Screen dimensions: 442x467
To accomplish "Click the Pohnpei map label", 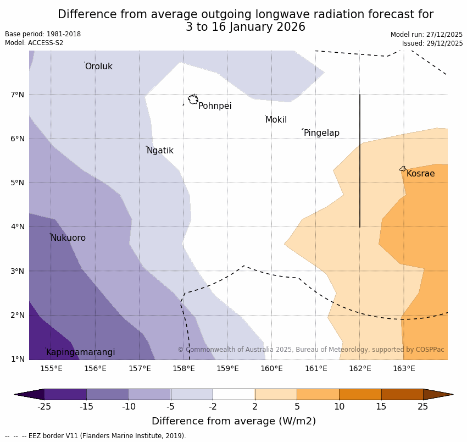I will coord(215,106).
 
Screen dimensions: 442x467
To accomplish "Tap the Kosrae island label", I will coord(420,174).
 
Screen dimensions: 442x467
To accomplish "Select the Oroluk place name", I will coord(98,67).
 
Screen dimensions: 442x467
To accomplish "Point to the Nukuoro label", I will coord(68,238).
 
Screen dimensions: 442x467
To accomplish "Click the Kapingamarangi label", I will coord(81,352).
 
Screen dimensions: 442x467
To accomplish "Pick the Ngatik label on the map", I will coord(160,151).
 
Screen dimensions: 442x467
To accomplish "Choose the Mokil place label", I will coord(276,120).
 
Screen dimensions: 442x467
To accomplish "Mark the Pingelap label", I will coord(321,133).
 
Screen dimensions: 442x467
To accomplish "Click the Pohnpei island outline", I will coord(193,100).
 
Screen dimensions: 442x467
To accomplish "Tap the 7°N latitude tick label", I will coord(18,95).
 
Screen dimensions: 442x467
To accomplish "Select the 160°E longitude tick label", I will coord(271,368).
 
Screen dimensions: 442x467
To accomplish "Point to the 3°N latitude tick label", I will coord(18,271).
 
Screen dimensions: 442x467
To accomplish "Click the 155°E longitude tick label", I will coord(51,368).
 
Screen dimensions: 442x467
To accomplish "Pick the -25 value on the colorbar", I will coord(44,407).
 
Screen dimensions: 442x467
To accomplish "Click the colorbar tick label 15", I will coord(381,407).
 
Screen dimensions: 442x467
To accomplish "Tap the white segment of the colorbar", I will coord(233,394).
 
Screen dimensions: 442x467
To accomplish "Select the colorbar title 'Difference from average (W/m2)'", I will coord(233,422).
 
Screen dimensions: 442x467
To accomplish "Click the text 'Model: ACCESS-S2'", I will coord(34,43).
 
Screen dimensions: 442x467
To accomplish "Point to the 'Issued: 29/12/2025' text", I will coord(432,43).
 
